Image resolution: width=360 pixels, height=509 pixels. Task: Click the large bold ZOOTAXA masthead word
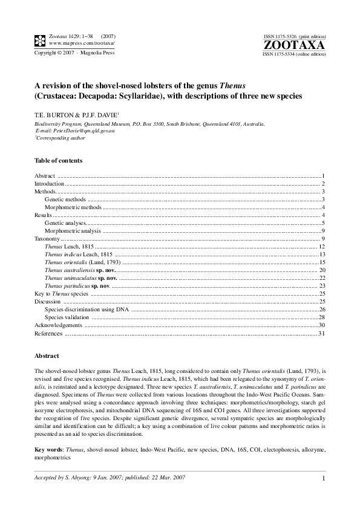(x=295, y=45)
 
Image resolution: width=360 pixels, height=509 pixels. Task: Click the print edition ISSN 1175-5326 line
(x=294, y=37)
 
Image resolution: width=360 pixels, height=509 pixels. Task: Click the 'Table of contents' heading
(x=58, y=161)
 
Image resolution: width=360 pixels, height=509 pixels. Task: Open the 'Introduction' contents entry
(x=49, y=183)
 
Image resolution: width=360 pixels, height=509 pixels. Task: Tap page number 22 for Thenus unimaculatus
(x=322, y=278)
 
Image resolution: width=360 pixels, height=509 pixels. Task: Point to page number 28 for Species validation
(x=322, y=317)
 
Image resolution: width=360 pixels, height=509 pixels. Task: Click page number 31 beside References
(x=322, y=333)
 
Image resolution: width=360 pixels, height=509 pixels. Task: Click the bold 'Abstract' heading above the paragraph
(x=47, y=357)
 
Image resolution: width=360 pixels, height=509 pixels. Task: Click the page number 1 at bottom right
(x=324, y=479)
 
